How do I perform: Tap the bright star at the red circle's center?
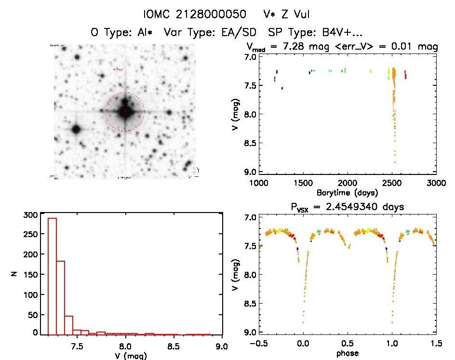(x=125, y=111)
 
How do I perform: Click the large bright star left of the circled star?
(x=76, y=129)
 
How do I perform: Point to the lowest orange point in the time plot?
(x=395, y=163)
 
